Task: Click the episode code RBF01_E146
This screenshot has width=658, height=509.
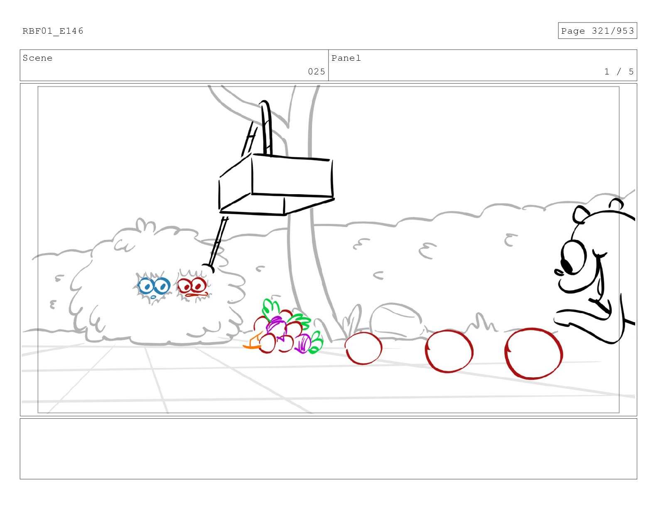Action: coord(53,31)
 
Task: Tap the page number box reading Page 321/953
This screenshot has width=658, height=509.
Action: coord(597,31)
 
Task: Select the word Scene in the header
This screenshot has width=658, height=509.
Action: coord(37,58)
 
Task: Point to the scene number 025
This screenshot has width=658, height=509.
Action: coord(317,72)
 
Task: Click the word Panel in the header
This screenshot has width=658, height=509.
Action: coord(346,58)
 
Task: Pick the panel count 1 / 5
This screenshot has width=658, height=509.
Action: coord(619,72)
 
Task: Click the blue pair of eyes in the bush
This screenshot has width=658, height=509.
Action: coord(154,287)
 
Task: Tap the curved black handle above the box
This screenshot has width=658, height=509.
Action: coord(266,127)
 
